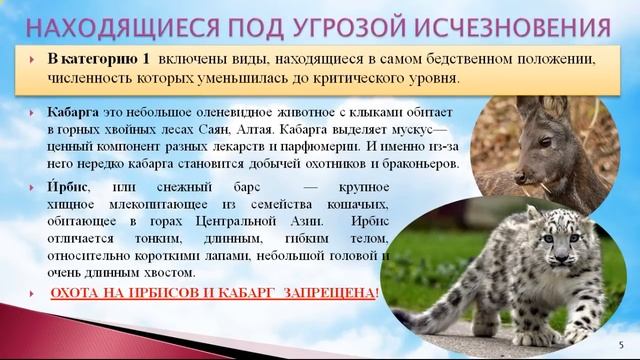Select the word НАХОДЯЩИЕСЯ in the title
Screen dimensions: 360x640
pos(113,20)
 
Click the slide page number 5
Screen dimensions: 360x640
pos(620,343)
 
